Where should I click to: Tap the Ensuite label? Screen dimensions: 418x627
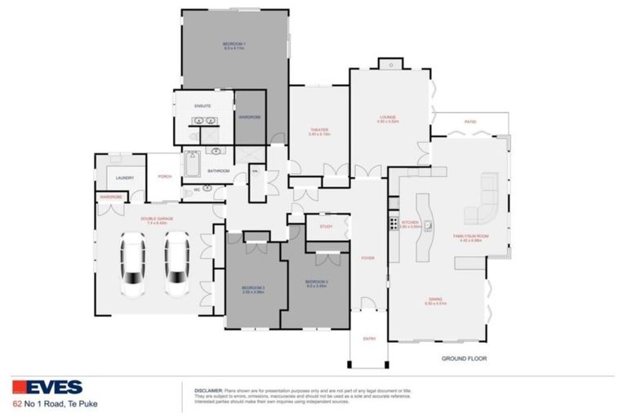point(202,106)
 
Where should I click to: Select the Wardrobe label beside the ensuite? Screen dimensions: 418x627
point(249,117)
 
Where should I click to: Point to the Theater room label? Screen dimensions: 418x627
point(318,131)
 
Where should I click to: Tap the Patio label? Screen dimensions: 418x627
point(470,122)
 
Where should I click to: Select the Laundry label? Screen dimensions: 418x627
point(124,177)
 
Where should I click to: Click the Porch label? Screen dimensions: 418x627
point(164,176)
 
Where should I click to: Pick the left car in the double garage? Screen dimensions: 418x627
point(131,265)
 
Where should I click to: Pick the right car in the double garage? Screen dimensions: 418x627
point(176,265)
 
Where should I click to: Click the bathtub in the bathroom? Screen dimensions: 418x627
point(191,167)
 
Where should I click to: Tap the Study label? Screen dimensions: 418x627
point(326,226)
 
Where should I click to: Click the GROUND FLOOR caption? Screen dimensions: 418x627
point(464,358)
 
